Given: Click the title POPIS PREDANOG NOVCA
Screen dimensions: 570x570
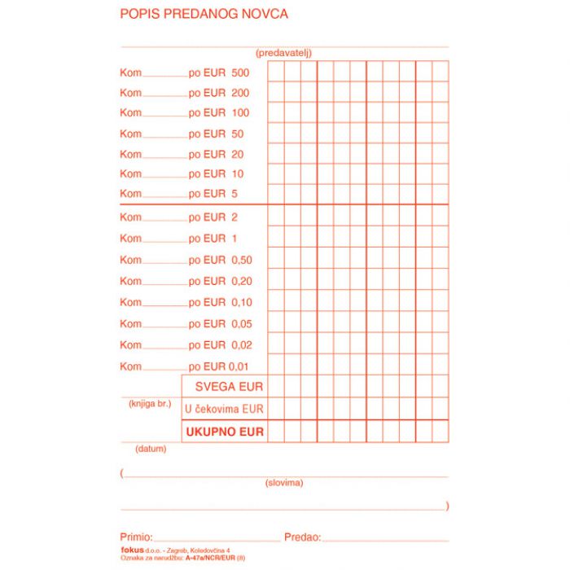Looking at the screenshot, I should (204, 14).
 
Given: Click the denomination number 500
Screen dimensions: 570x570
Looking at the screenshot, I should (240, 72).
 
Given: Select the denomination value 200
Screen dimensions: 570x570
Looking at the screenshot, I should (240, 93).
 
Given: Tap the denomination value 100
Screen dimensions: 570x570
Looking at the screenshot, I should (240, 112).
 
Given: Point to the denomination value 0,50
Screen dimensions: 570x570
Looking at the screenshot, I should (242, 260).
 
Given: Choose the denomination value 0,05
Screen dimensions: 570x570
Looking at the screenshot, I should (242, 323).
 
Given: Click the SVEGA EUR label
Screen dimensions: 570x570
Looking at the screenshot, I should (229, 386).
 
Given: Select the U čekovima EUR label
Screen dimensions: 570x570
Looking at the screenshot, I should (224, 409).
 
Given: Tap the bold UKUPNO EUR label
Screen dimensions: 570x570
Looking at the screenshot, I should (224, 432).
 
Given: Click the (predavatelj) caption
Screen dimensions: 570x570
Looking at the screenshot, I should (283, 53).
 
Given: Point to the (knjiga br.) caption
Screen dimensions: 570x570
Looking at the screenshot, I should (149, 404).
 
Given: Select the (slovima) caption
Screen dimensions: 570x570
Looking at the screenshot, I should (284, 483).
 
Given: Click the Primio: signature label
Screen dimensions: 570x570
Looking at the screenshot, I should (136, 537).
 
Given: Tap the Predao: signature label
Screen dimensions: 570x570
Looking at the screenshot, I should (302, 537).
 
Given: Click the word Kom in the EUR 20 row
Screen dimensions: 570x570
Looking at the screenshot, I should (130, 154).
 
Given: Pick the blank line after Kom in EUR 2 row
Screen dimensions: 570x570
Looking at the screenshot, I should (165, 220).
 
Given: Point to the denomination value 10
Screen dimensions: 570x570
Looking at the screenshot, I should (237, 173).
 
